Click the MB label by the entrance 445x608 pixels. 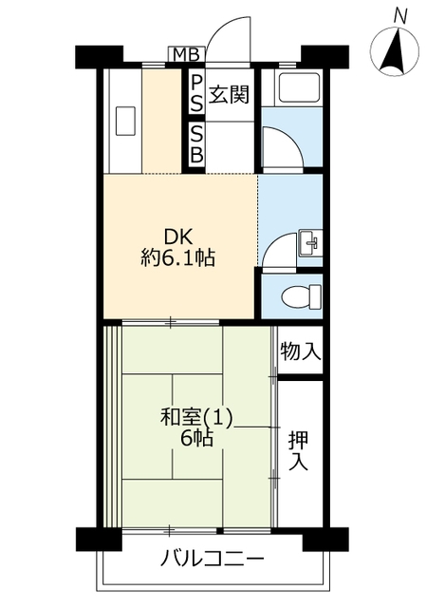tap(186, 55)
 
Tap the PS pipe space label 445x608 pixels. tap(196, 93)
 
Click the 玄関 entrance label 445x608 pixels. tap(229, 94)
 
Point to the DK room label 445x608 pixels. tap(177, 237)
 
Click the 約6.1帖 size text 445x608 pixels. tap(177, 257)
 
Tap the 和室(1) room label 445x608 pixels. tap(196, 418)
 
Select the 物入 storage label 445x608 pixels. tap(301, 351)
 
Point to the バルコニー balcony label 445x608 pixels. tap(213, 560)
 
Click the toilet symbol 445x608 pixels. tap(302, 296)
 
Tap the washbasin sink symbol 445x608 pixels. tap(310, 243)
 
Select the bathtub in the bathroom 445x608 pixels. tap(297, 88)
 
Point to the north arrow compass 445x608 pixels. tap(395, 51)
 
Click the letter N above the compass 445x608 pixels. tap(400, 16)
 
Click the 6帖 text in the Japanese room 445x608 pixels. tap(196, 439)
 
